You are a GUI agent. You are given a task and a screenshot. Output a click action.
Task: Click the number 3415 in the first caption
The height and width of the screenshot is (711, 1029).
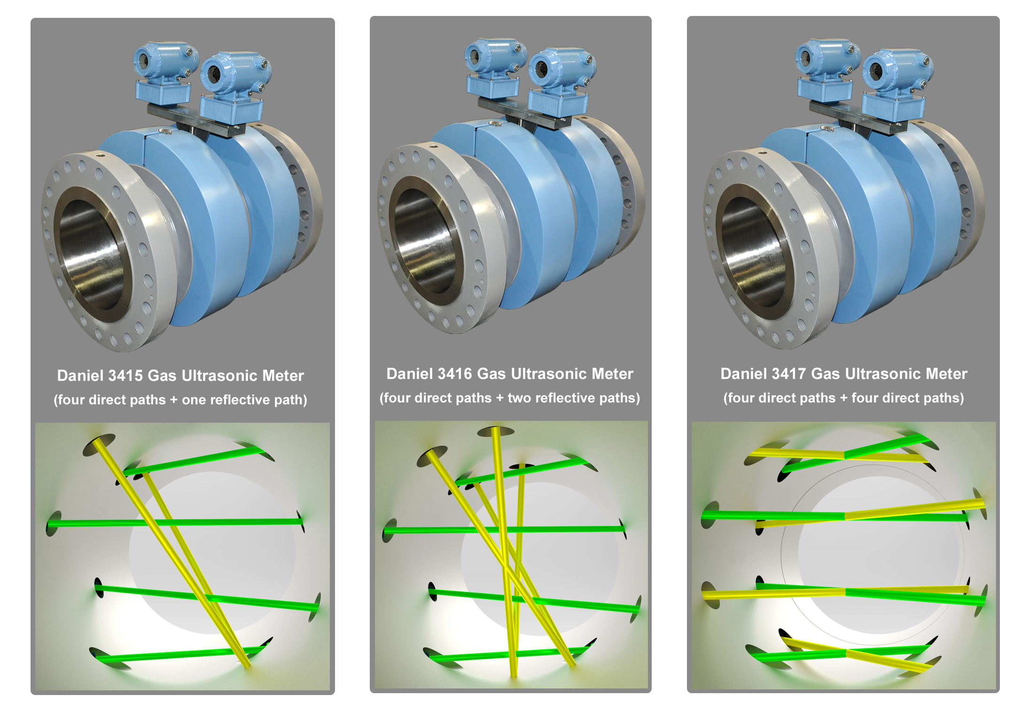point(125,376)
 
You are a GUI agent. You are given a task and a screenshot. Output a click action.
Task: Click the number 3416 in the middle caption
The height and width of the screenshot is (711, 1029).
point(454,374)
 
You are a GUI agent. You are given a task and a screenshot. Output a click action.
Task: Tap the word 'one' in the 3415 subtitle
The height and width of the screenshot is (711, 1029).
point(193,400)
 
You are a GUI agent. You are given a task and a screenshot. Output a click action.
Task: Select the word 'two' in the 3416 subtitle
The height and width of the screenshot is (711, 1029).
point(520,398)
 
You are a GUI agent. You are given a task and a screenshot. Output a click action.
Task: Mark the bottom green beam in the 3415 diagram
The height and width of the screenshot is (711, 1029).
point(179,655)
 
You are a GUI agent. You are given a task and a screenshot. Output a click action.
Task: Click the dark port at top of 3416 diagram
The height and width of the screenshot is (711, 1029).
point(496,431)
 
